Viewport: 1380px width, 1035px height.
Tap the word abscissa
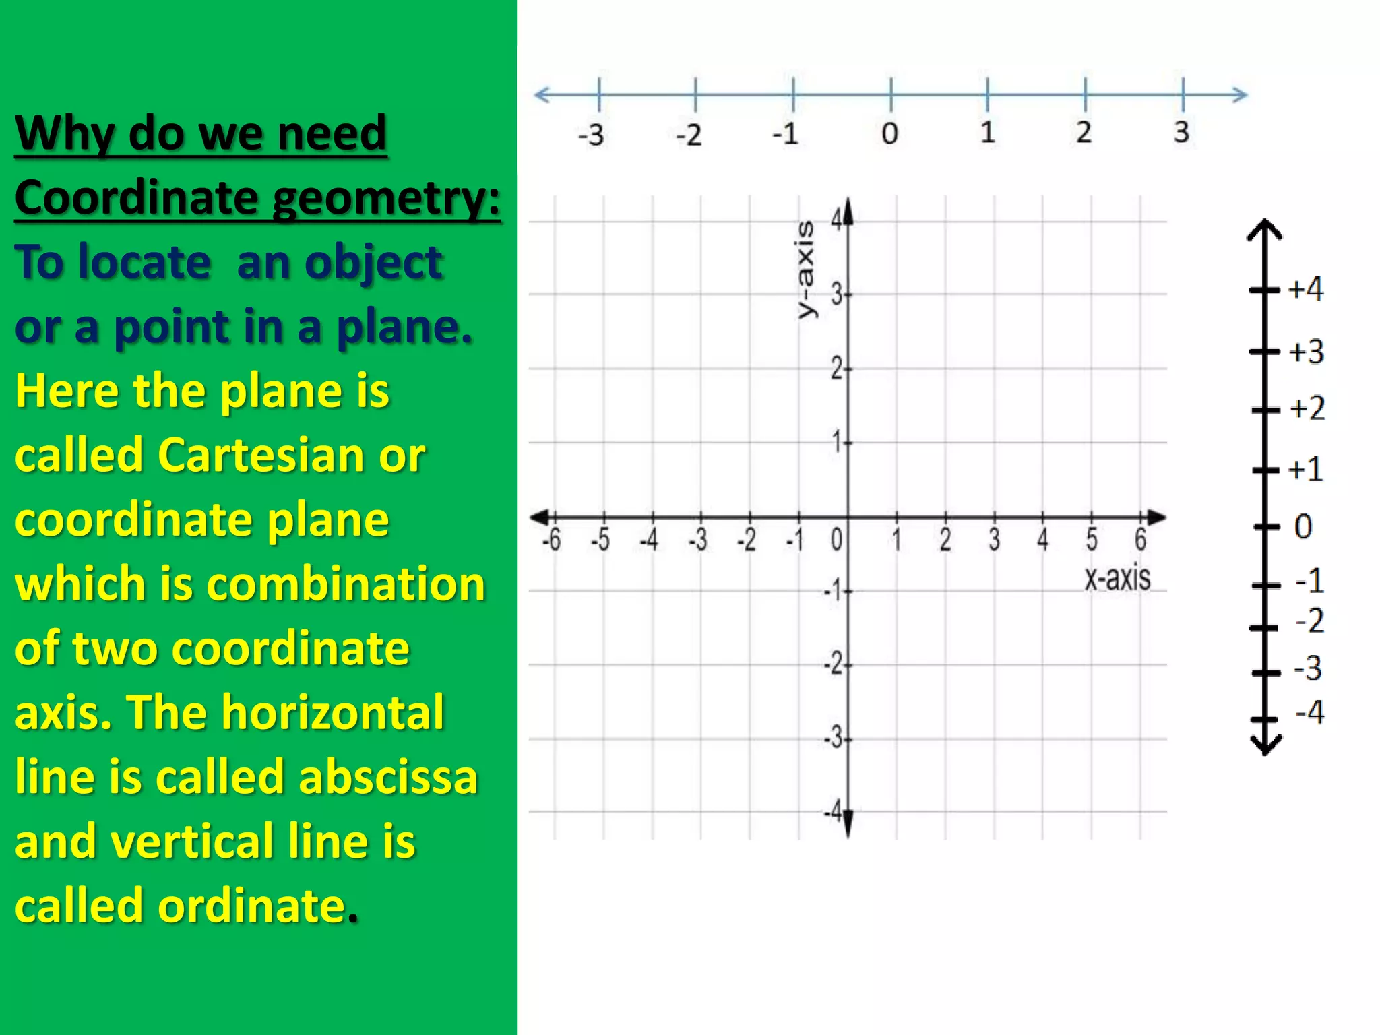(387, 777)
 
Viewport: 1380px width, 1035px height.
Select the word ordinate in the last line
(252, 906)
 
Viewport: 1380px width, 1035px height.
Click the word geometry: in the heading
(387, 199)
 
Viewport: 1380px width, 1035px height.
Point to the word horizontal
(333, 712)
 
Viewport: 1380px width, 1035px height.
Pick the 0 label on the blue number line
(889, 133)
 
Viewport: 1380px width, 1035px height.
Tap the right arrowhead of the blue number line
(1240, 94)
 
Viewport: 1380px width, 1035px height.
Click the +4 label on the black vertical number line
(1305, 289)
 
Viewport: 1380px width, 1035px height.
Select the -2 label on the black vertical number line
(1309, 621)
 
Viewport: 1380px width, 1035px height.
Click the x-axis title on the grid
(1117, 578)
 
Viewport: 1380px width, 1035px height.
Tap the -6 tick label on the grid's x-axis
(551, 540)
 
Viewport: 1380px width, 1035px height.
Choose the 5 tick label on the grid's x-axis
(1092, 540)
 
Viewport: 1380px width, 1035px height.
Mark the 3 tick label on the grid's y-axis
(836, 294)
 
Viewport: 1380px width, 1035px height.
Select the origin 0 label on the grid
(836, 540)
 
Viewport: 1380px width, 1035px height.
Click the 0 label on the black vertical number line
(1303, 527)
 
